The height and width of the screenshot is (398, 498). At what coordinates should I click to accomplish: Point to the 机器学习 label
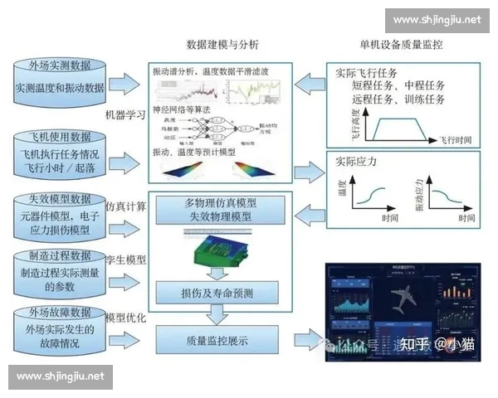pyautogui.click(x=125, y=114)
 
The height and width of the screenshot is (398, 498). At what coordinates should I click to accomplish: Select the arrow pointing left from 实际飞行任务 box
pyautogui.click(x=312, y=81)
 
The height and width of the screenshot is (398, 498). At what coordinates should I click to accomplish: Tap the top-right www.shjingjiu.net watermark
pyautogui.click(x=437, y=20)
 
